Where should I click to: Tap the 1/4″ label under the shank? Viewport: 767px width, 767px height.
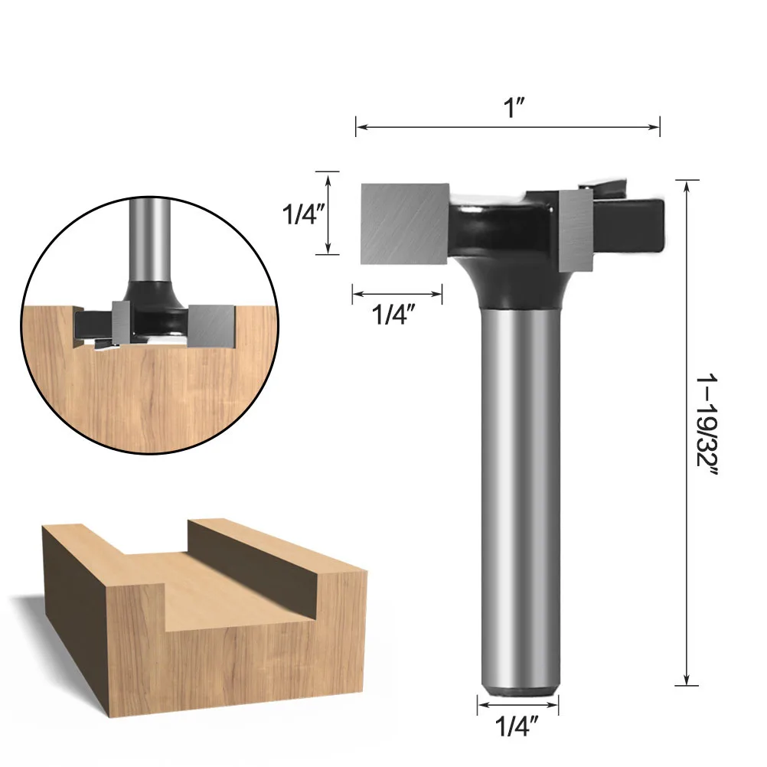point(517,724)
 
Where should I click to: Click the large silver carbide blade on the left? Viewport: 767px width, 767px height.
point(403,222)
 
